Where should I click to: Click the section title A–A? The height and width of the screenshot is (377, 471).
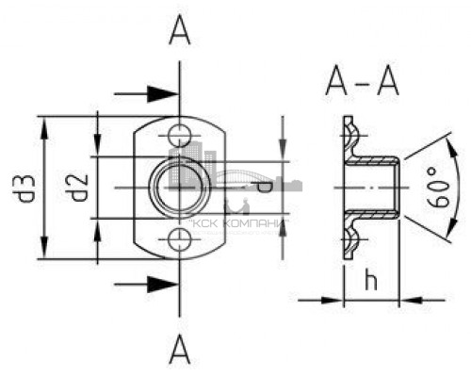[362, 80]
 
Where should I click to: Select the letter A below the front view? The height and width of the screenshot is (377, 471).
[180, 349]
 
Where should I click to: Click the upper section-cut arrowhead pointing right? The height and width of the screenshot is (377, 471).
[163, 93]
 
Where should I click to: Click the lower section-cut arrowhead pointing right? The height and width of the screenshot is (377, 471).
[163, 285]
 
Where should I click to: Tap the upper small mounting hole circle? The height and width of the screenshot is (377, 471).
[179, 136]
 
